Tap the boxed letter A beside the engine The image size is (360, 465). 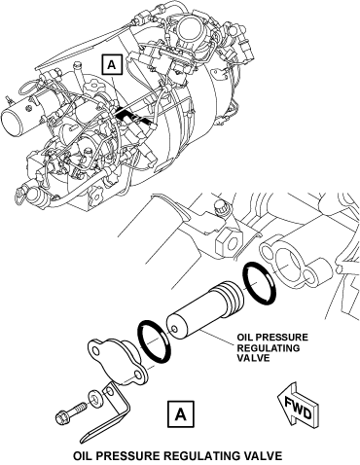click(112, 65)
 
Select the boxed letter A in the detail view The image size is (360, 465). click(181, 414)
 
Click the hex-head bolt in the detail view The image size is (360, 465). click(71, 412)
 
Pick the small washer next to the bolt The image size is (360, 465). click(95, 398)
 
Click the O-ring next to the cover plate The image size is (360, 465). click(154, 341)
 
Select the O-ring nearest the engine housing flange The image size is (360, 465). click(260, 283)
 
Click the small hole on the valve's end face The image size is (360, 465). click(175, 330)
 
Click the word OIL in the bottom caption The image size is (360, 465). click(83, 455)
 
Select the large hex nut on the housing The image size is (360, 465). click(228, 242)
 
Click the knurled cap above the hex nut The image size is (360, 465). click(221, 208)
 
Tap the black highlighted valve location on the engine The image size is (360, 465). click(133, 116)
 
